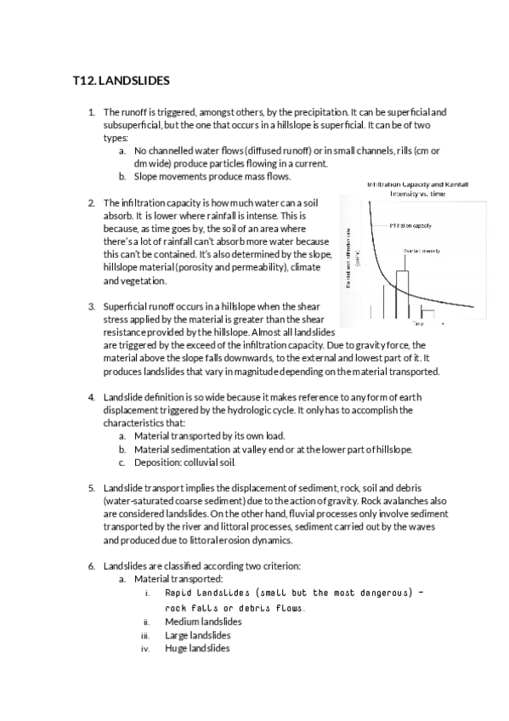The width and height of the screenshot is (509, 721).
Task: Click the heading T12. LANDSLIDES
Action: [x=122, y=82]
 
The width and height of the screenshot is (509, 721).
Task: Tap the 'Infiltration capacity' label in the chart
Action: [x=412, y=226]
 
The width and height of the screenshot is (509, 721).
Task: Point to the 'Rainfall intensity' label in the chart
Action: [x=421, y=251]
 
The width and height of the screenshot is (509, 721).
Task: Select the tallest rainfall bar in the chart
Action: [x=402, y=293]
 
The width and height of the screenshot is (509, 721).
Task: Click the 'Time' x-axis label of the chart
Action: [x=418, y=323]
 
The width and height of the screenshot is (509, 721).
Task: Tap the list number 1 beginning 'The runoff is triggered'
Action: [x=92, y=112]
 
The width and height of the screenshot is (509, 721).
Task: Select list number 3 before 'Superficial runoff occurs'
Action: [x=92, y=306]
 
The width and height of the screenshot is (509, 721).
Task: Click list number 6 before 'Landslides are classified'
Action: [x=92, y=565]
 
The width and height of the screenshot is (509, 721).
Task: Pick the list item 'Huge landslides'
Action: [x=197, y=649]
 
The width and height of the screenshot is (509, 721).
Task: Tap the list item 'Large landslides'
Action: [x=197, y=635]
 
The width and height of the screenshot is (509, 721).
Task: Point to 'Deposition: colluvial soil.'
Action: [x=184, y=462]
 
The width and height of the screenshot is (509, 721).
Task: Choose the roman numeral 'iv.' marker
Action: [x=144, y=649]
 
